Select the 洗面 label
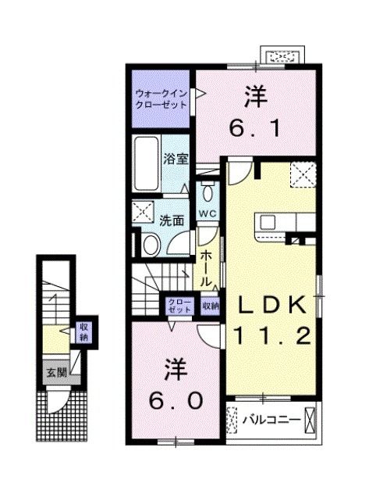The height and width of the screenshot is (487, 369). [172, 220]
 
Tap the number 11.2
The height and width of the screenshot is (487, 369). [273, 337]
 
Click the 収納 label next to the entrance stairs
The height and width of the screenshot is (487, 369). [83, 332]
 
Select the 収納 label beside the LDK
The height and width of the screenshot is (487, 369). [210, 306]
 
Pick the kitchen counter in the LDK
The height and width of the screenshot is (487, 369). [276, 222]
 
